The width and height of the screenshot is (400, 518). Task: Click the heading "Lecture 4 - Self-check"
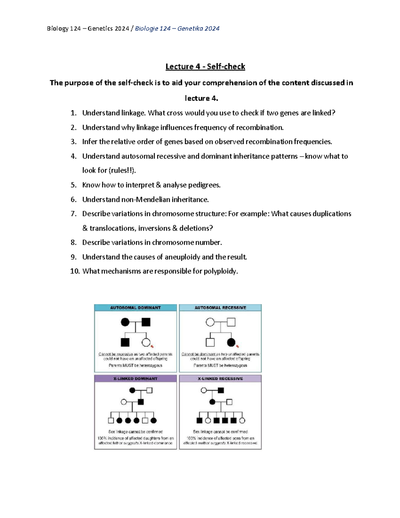tap(205, 67)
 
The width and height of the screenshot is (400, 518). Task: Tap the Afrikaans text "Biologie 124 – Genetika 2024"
tap(177, 29)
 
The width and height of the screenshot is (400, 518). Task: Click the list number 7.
tap(74, 214)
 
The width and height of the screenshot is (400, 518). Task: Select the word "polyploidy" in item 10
tap(221, 271)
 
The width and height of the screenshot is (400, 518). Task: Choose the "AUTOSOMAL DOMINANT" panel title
tap(135, 308)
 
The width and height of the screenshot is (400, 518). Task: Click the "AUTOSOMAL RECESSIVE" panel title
tap(220, 308)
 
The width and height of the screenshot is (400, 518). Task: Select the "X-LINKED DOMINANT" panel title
tap(135, 379)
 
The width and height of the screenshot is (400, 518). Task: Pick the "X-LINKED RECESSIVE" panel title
tap(220, 379)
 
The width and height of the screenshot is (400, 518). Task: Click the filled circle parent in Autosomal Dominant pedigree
tap(125, 322)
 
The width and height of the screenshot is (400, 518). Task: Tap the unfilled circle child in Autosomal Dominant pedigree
tap(146, 342)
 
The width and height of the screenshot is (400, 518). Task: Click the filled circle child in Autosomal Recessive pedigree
tap(231, 342)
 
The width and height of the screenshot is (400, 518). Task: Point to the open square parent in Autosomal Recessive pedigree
tap(231, 322)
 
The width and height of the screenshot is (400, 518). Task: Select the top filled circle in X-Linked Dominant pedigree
tap(132, 390)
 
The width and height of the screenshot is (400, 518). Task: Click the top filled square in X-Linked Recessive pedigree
tap(221, 390)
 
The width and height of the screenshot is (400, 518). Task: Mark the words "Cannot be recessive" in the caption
tap(115, 354)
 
